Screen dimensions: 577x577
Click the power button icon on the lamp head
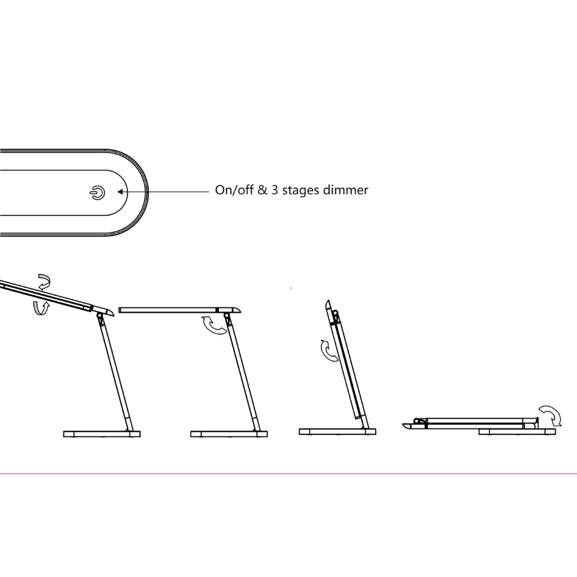pyautogui.click(x=97, y=193)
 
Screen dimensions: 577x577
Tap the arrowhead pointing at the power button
pyautogui.click(x=120, y=192)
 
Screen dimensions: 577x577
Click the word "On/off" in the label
pyautogui.click(x=234, y=190)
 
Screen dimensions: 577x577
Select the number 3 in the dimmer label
pyautogui.click(x=275, y=190)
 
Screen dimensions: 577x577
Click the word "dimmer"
pyautogui.click(x=346, y=190)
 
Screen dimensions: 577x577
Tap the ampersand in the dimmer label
pyautogui.click(x=262, y=190)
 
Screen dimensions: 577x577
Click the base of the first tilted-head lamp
pyautogui.click(x=102, y=434)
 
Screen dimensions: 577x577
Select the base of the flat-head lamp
pyautogui.click(x=229, y=434)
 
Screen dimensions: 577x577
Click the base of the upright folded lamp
pyautogui.click(x=338, y=431)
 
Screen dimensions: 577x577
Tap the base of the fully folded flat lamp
pyautogui.click(x=517, y=432)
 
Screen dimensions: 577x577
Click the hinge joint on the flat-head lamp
pyautogui.click(x=226, y=316)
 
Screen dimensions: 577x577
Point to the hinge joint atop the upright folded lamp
pyautogui.click(x=335, y=314)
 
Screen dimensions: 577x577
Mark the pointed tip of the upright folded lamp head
pyautogui.click(x=327, y=301)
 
